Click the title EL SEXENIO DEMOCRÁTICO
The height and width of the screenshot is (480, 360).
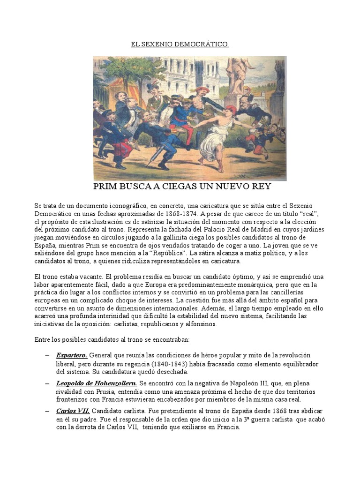click(x=180, y=45)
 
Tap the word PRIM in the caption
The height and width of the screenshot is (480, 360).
click(x=107, y=187)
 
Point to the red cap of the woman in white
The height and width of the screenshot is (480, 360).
click(x=231, y=110)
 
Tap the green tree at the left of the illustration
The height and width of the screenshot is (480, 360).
click(x=117, y=70)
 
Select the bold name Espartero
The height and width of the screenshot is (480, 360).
click(x=72, y=355)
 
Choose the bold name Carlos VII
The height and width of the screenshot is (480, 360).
click(x=73, y=411)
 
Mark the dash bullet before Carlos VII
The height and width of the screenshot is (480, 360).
click(x=47, y=411)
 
